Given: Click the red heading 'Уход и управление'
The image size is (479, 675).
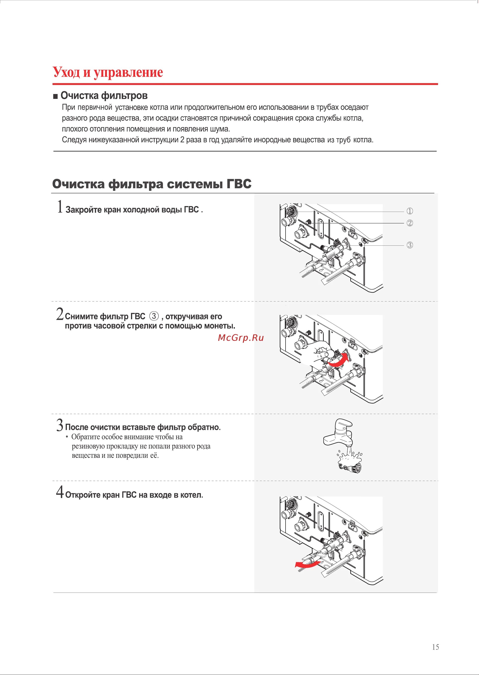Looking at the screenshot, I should (108, 72).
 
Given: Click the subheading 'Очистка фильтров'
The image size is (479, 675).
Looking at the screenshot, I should (104, 96).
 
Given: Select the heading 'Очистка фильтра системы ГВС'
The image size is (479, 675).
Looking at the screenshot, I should (152, 184).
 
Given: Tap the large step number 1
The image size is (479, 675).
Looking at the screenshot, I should (60, 207).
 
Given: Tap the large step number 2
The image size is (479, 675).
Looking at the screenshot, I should (60, 314).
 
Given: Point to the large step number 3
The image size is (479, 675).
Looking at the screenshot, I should (60, 425).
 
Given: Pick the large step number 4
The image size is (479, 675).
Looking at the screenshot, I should (60, 492).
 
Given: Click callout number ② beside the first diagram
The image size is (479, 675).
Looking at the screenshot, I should (410, 223).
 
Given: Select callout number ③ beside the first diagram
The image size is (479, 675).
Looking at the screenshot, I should (410, 245).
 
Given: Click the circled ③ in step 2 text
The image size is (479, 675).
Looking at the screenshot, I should (154, 316).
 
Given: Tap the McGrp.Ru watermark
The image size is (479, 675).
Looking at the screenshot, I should (241, 338).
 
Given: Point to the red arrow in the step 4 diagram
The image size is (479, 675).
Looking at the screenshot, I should (307, 564).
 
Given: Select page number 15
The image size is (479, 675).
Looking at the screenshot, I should (435, 647).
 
